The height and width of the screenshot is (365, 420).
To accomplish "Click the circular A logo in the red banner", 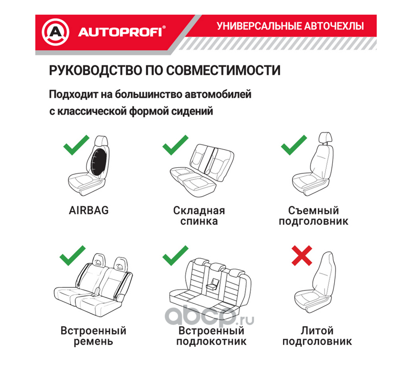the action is click(55, 32).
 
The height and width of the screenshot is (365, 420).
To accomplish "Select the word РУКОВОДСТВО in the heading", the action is click(95, 70).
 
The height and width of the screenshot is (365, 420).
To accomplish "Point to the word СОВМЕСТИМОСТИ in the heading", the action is click(223, 70).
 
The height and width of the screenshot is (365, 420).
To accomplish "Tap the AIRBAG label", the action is click(89, 210).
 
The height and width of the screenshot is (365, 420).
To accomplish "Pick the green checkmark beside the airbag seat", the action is click(76, 145).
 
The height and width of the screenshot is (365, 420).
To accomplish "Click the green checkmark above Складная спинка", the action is click(175, 145).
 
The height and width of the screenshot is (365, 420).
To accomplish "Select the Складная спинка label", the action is click(199, 216).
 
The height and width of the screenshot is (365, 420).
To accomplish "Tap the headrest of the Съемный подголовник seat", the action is click(325, 138).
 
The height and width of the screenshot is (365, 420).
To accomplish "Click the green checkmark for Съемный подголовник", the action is click(294, 145).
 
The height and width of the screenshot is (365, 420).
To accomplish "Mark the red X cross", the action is click(302, 255).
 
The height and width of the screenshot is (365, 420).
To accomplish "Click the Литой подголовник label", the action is click(317, 336).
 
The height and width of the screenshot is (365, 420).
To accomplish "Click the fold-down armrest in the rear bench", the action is click(213, 284).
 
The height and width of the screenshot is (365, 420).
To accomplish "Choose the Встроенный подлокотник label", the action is click(211, 336).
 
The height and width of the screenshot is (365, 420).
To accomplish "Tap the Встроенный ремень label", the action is click(93, 336).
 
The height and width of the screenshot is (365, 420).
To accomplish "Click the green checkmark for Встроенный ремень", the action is click(73, 255).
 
